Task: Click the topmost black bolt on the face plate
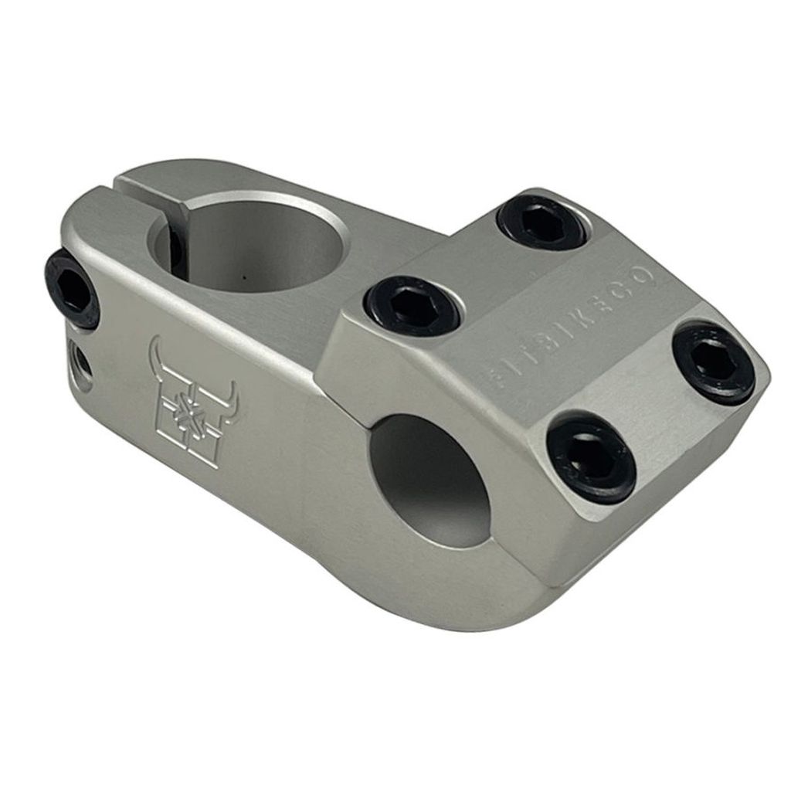(x=542, y=222)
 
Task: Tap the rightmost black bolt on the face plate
(x=712, y=362)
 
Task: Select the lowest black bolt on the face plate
(x=591, y=460)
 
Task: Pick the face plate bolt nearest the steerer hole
(x=412, y=305)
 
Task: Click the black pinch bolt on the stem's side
(x=72, y=290)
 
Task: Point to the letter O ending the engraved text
(x=644, y=277)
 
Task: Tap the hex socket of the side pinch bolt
(x=70, y=287)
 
